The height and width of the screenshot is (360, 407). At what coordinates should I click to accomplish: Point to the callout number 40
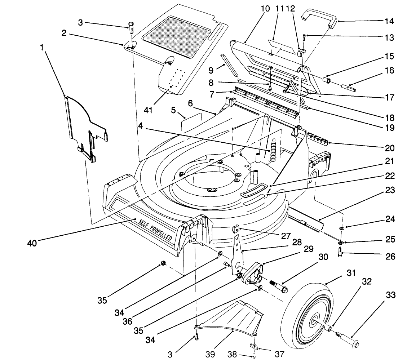tap(32, 243)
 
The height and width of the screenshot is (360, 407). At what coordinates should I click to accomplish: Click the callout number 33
tap(390, 295)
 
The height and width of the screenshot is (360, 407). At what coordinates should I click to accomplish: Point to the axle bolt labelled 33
tap(348, 338)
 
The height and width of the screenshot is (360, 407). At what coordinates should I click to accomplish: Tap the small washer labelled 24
tap(341, 228)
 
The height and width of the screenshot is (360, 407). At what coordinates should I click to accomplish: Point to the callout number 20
tap(390, 148)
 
